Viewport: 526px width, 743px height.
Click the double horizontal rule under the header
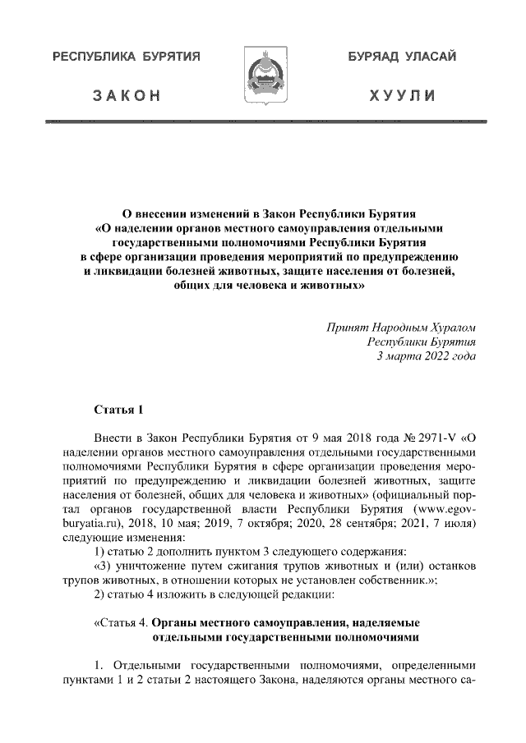[x=262, y=122]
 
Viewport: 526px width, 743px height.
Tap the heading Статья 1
[x=119, y=409]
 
